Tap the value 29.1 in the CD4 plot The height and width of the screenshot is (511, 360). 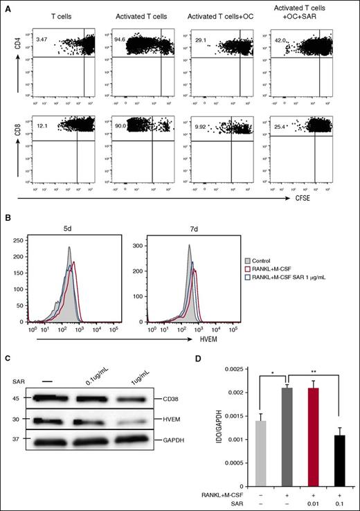pyautogui.click(x=202, y=41)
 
